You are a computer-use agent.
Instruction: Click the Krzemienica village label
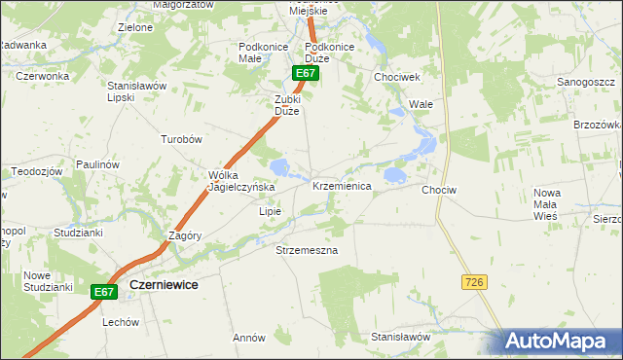[341, 186]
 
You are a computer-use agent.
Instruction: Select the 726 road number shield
[474, 281]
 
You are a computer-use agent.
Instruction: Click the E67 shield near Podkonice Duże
[306, 73]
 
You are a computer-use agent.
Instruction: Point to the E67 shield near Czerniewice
[105, 291]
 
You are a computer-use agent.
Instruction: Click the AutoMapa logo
[562, 342]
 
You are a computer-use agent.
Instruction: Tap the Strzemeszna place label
[306, 250]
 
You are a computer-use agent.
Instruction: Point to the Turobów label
[181, 139]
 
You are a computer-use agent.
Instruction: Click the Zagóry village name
[184, 235]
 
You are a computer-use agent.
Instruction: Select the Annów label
[249, 338]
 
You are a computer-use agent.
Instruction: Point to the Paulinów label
[97, 164]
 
